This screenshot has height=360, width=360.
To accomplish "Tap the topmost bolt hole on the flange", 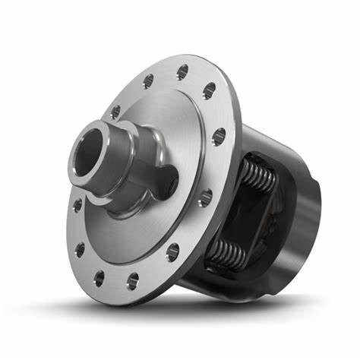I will (x=182, y=72).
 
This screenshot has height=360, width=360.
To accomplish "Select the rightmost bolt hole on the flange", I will (x=219, y=137).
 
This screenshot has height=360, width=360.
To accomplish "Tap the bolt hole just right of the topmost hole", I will (x=207, y=94).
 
